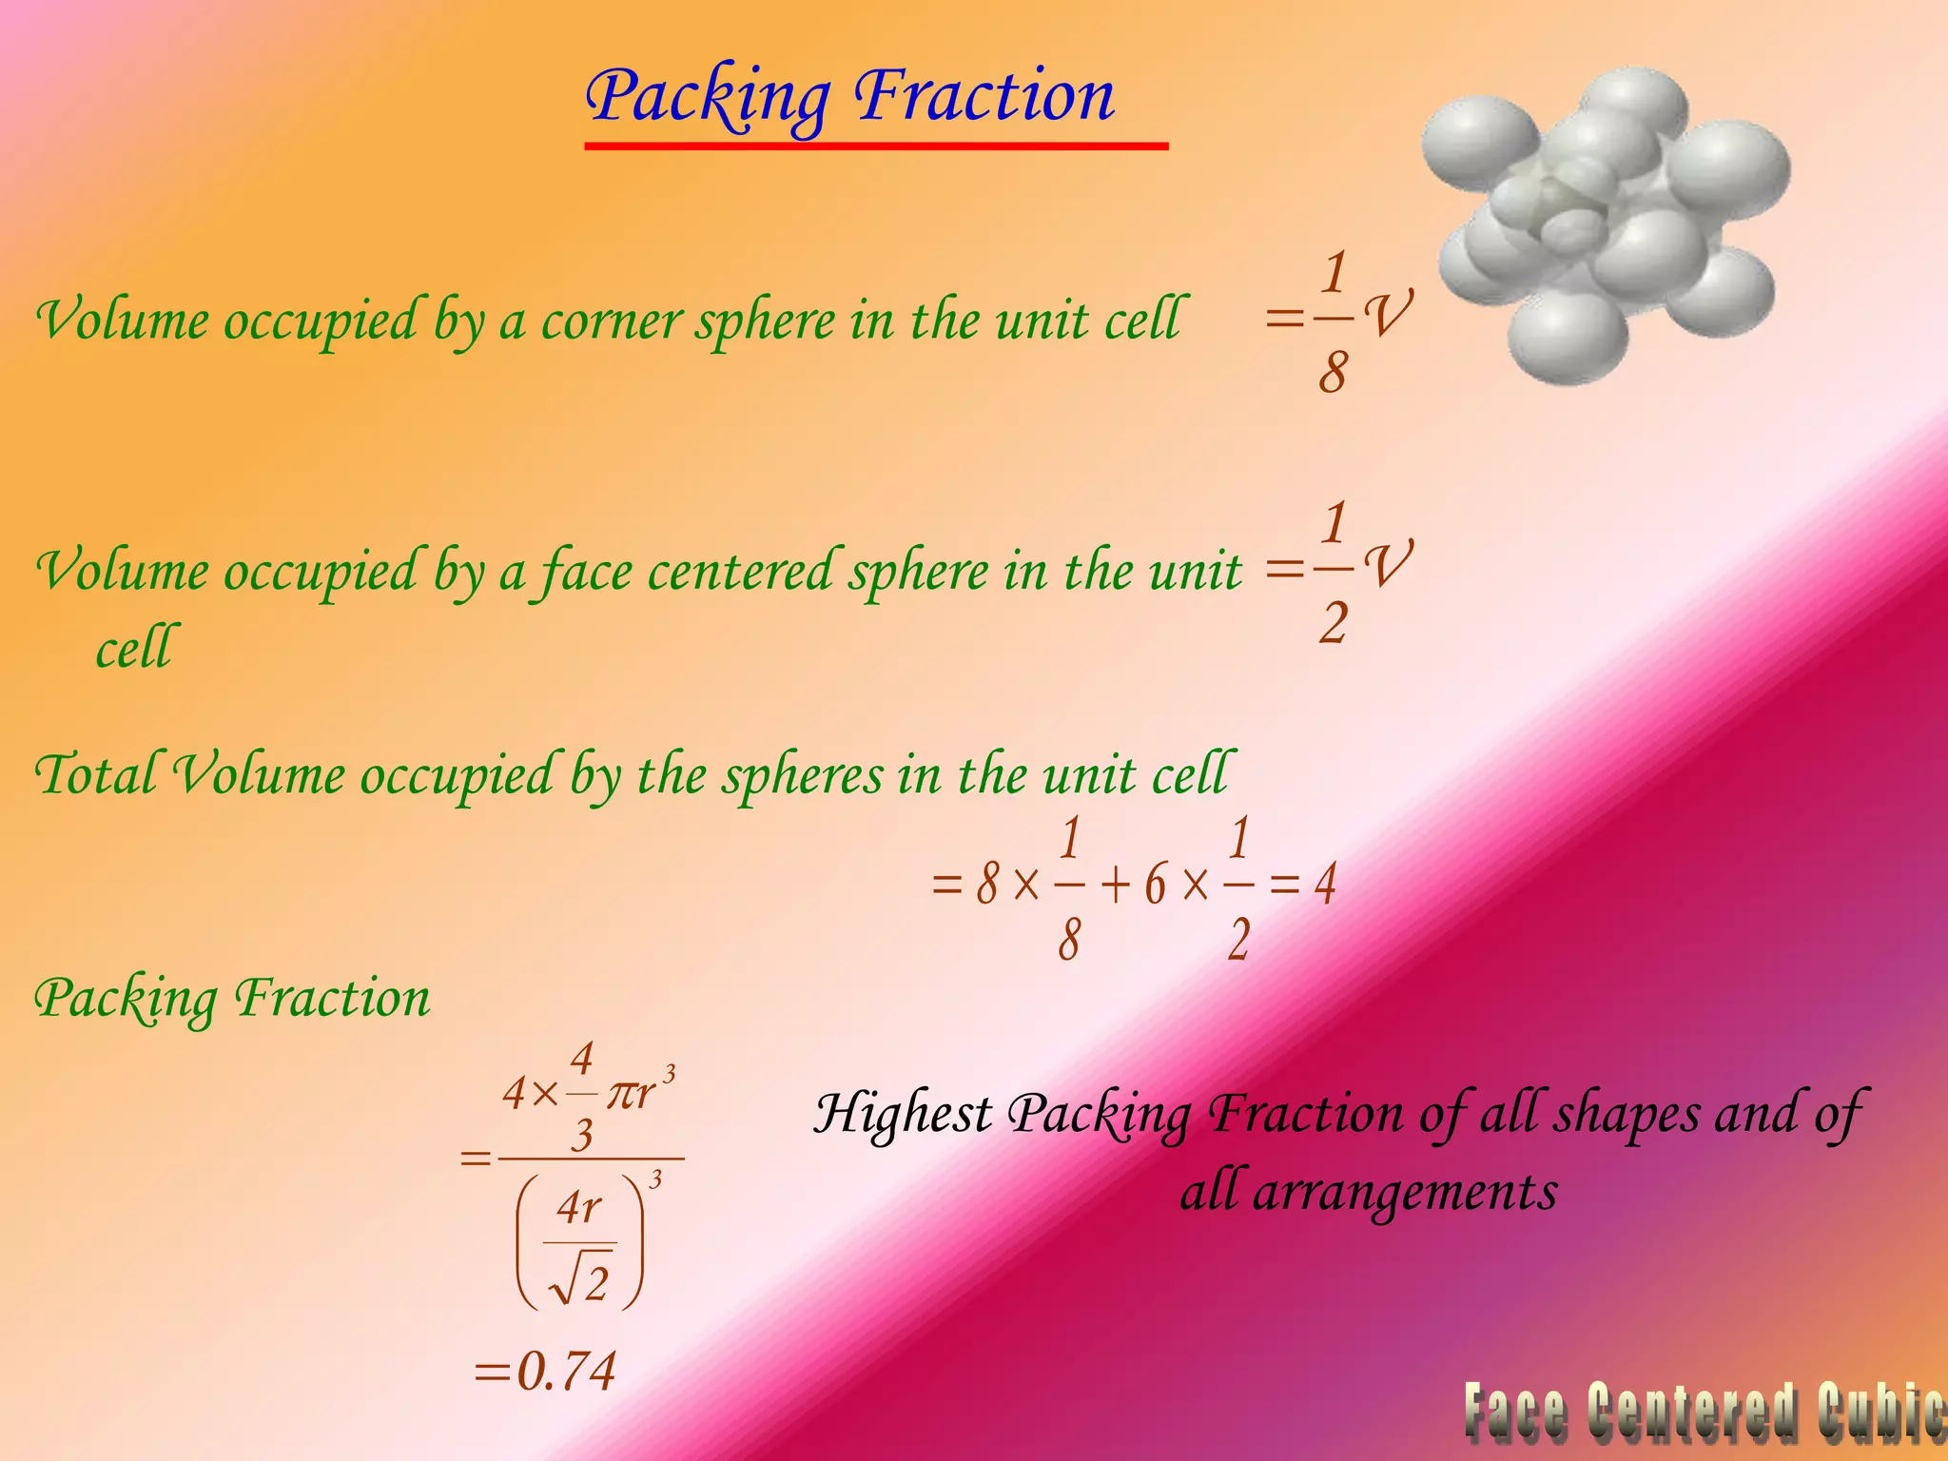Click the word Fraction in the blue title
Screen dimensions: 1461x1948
coord(984,97)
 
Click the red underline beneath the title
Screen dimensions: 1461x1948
coord(875,146)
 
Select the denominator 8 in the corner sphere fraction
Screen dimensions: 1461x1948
coord(1333,372)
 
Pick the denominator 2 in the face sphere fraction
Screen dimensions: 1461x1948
coord(1334,624)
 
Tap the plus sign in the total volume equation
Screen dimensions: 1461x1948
coord(1114,886)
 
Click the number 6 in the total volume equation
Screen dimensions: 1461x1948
coord(1155,886)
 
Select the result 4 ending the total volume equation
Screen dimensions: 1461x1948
coord(1325,884)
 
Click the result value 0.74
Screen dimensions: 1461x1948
coord(565,1371)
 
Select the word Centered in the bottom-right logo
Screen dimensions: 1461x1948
coord(1693,1413)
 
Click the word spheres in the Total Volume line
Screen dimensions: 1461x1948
coord(802,774)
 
